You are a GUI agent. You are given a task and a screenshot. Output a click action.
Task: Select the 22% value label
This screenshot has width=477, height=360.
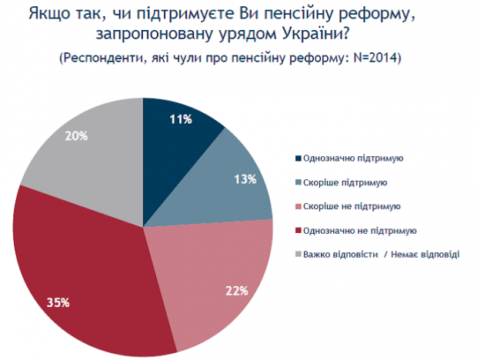pos(236,291)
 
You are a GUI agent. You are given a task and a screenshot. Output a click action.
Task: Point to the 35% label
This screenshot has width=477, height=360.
pos(58,302)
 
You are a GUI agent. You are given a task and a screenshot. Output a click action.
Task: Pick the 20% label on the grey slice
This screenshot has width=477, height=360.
pos(77,136)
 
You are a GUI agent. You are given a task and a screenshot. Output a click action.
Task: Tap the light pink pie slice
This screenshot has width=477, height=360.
pos(208,277)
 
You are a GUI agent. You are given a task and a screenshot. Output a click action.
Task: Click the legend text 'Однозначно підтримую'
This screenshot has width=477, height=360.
pos(354,158)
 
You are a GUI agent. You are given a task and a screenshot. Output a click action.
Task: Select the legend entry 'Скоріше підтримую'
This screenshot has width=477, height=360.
pos(345,182)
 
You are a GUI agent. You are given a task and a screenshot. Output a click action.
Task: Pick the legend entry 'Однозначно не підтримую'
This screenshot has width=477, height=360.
pos(360,230)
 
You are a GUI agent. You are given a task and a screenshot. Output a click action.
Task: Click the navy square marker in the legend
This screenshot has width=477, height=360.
pos(299,158)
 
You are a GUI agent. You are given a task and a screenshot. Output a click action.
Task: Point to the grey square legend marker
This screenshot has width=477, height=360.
pos(299,254)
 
